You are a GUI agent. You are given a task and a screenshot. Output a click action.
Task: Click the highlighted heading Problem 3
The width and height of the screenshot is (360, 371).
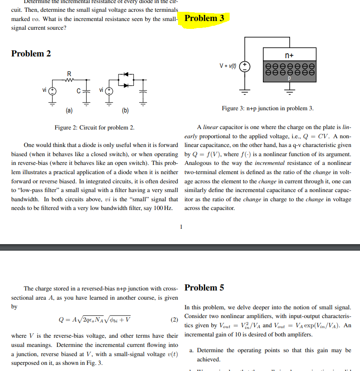[x=205, y=18]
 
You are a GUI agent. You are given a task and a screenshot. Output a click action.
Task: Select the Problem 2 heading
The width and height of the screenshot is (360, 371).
[x=31, y=53]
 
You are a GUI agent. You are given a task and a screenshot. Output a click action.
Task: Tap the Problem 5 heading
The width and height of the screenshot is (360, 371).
[x=204, y=287]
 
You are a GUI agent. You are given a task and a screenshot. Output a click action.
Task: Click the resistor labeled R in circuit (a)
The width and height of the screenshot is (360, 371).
[x=69, y=80]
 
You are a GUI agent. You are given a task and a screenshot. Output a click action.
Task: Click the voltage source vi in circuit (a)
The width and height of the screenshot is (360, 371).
[x=52, y=91]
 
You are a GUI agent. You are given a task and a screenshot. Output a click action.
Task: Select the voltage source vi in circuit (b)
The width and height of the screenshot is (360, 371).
[x=109, y=91]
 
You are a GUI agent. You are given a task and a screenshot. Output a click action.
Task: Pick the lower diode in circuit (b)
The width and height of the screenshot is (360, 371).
[x=127, y=85]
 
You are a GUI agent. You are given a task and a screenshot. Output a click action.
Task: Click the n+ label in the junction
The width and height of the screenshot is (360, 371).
[x=289, y=56]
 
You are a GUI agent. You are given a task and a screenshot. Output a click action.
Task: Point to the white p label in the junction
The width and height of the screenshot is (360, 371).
[x=289, y=78]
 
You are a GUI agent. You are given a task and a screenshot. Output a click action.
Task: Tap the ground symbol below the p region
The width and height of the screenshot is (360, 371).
[x=289, y=91]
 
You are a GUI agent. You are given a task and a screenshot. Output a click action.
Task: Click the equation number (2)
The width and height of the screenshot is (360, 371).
[x=174, y=320]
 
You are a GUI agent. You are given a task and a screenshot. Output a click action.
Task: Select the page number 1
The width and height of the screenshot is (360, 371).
[x=180, y=226]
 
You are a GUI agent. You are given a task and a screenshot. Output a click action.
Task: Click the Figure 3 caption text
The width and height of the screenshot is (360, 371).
[x=267, y=108]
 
